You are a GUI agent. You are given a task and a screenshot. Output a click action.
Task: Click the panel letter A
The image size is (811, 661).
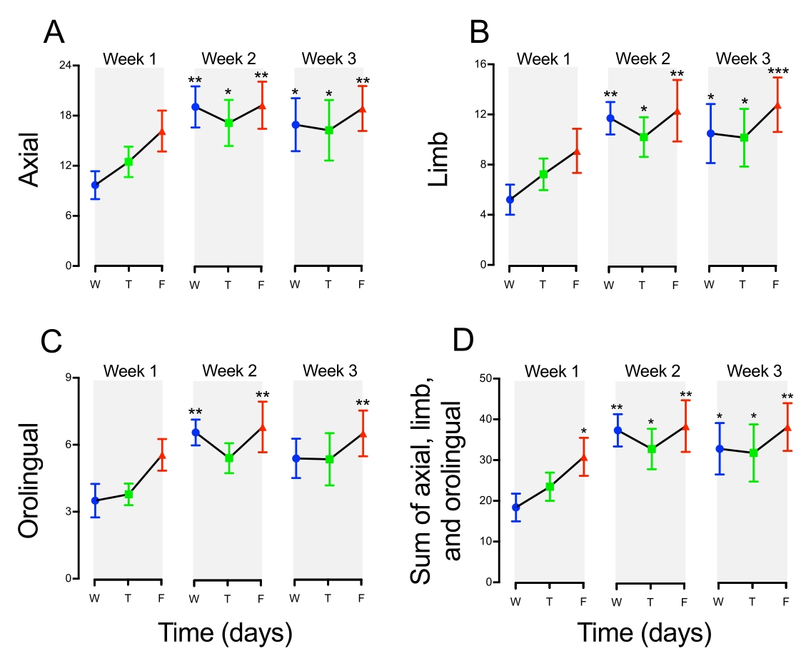[x=57, y=33]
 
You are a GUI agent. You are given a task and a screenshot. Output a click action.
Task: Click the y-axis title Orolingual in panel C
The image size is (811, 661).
[x=29, y=479]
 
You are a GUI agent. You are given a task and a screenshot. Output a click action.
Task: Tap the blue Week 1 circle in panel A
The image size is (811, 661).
[x=95, y=185]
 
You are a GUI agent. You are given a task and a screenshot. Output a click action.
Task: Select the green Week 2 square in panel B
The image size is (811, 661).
[x=643, y=136]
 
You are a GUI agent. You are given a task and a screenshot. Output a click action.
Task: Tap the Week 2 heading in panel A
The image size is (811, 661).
[x=228, y=58]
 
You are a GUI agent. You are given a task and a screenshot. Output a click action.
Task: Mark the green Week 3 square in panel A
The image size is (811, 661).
[x=328, y=131]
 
